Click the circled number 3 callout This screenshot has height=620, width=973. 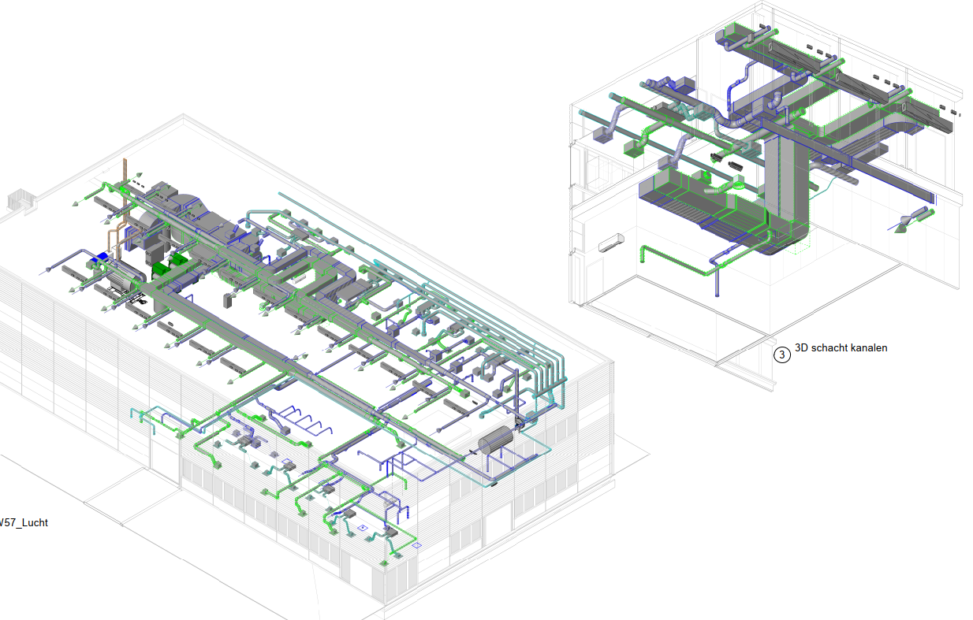pyautogui.click(x=782, y=355)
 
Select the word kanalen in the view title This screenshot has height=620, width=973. pyautogui.click(x=869, y=348)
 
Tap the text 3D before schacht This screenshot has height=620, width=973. pyautogui.click(x=801, y=348)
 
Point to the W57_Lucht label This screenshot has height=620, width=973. pyautogui.click(x=23, y=523)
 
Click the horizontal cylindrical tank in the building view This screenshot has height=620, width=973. pyautogui.click(x=496, y=440)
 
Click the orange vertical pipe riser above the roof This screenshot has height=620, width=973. pyautogui.click(x=125, y=182)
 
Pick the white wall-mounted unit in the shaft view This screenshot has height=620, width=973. pyautogui.click(x=611, y=243)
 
